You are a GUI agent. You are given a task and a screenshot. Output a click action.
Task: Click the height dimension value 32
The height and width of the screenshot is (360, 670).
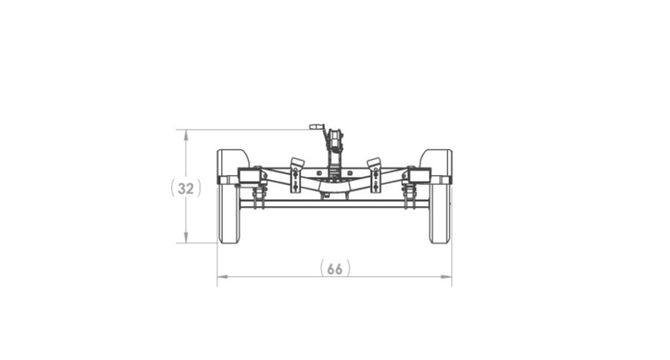pos(185,188)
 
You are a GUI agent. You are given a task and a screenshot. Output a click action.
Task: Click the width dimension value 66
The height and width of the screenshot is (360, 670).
pos(334,269)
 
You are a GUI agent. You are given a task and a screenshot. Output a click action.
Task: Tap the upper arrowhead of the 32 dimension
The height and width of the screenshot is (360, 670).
pos(186,135)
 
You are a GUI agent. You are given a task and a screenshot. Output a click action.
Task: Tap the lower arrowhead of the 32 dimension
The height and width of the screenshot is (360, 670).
pos(186,238)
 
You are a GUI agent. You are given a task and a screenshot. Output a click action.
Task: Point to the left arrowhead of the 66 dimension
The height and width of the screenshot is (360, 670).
pos(223,277)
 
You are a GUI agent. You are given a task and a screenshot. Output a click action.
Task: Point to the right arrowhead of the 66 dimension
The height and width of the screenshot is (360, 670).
pos(446,277)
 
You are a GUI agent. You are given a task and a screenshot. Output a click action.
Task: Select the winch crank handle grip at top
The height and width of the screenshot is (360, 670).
pos(317,126)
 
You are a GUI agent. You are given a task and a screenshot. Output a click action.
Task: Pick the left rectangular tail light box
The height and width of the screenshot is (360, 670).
pos(250,176)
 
